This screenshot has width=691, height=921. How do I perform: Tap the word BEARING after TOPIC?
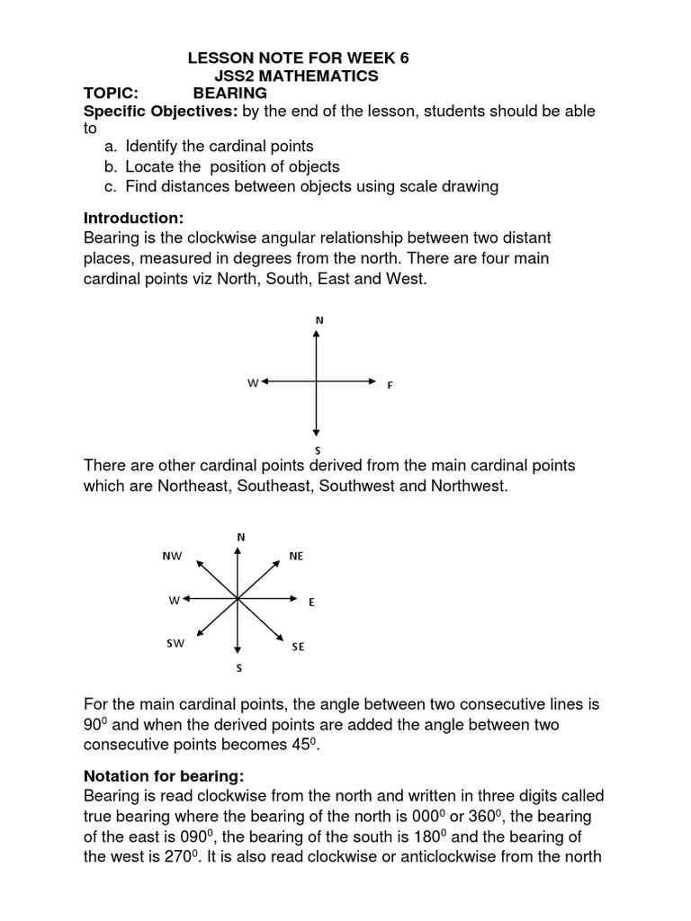click(x=230, y=94)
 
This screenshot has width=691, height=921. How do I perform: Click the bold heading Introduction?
click(x=133, y=219)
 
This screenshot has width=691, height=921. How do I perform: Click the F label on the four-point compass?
click(x=390, y=385)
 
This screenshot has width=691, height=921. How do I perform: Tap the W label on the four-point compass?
click(x=253, y=383)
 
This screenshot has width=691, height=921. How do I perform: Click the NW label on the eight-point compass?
click(x=172, y=557)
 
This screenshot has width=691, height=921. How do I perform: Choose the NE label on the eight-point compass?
click(x=297, y=557)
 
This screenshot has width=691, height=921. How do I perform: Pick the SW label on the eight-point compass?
click(x=175, y=643)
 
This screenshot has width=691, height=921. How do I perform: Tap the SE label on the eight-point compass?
click(x=298, y=647)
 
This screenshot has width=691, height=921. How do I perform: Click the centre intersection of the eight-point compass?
click(x=237, y=598)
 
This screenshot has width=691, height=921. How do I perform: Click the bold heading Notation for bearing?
click(x=164, y=776)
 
